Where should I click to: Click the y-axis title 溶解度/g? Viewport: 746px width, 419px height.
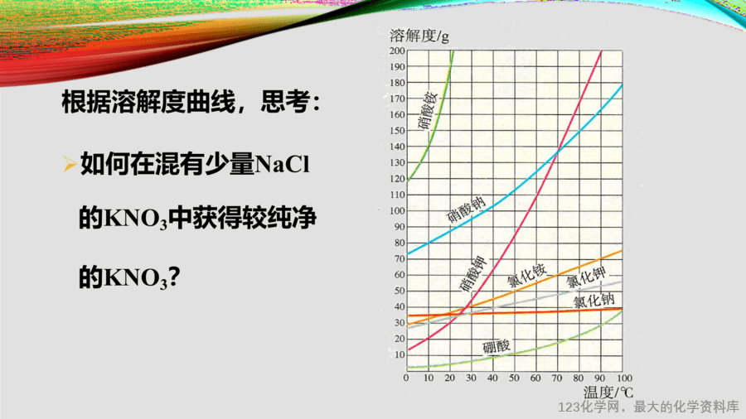[x=419, y=36]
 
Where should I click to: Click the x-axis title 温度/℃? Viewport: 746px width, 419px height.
[x=608, y=393]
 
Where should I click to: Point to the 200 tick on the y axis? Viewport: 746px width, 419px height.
[x=397, y=51]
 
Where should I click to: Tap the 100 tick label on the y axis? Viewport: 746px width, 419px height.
[x=397, y=211]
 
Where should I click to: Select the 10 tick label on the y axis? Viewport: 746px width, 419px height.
[x=400, y=355]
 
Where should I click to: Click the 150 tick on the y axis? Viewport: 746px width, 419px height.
[x=397, y=131]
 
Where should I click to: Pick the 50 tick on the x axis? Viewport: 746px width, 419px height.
[x=514, y=378]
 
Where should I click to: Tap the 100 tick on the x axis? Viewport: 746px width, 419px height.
[x=624, y=378]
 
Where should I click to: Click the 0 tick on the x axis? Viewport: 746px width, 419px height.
[x=406, y=378]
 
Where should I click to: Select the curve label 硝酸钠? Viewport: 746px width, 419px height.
[x=466, y=210]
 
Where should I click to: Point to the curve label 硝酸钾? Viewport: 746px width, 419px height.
[x=472, y=274]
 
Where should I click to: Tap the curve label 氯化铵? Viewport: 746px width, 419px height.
[x=527, y=276]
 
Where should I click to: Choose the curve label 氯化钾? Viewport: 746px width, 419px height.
[x=587, y=277]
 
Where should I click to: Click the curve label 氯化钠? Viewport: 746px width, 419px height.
[x=593, y=301]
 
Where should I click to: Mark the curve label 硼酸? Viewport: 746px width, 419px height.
[x=497, y=347]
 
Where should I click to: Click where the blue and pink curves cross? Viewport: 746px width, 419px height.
[x=558, y=152]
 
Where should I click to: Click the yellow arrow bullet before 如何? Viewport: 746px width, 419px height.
[x=70, y=164]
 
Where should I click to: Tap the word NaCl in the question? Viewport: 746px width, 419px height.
[x=283, y=165]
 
